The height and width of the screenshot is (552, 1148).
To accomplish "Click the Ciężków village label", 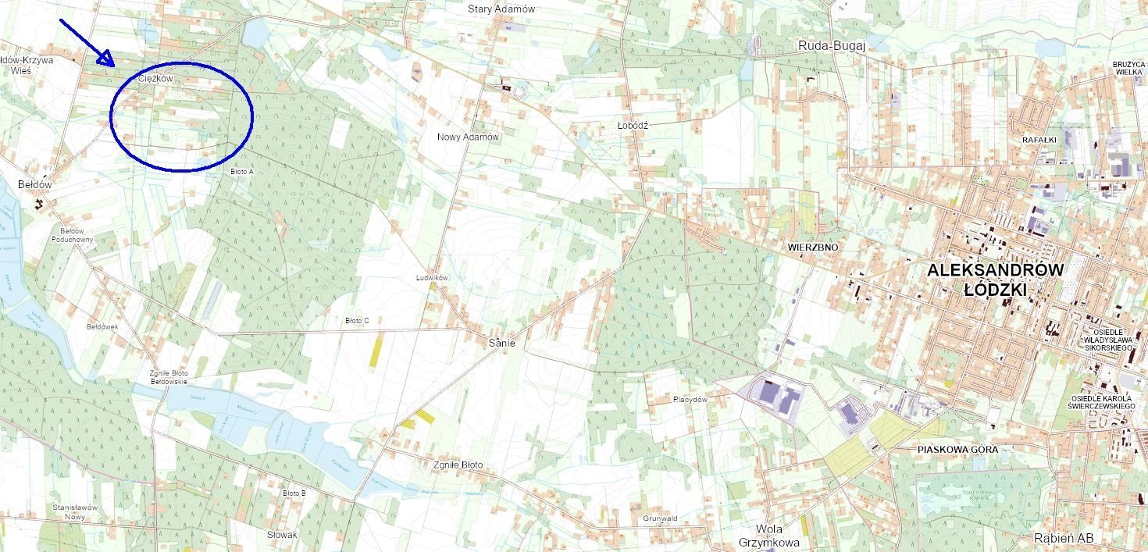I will [155, 79].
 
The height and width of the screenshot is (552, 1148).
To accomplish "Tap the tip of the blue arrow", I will [113, 63].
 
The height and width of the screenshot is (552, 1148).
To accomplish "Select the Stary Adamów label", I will [501, 9].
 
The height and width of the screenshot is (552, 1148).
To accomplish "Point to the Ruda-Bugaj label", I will [832, 46].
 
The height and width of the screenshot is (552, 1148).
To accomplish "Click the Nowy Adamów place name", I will [468, 137].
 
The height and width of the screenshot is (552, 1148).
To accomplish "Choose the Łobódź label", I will [633, 125].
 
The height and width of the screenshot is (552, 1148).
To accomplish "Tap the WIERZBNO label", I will [813, 248].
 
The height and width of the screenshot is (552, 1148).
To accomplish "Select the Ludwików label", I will [433, 278].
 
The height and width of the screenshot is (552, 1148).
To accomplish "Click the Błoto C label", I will [357, 321].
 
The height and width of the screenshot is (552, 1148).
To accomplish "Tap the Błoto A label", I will [242, 171].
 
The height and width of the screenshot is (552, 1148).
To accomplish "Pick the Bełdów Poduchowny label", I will [77, 236].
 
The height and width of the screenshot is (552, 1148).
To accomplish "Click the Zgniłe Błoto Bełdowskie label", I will [169, 378].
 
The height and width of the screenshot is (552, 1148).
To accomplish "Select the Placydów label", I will [690, 400].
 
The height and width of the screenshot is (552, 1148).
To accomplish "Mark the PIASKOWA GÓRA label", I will [957, 450].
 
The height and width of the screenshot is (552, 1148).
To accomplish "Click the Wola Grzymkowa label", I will [768, 536].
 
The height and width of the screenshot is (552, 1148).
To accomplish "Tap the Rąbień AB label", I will [1063, 538].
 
